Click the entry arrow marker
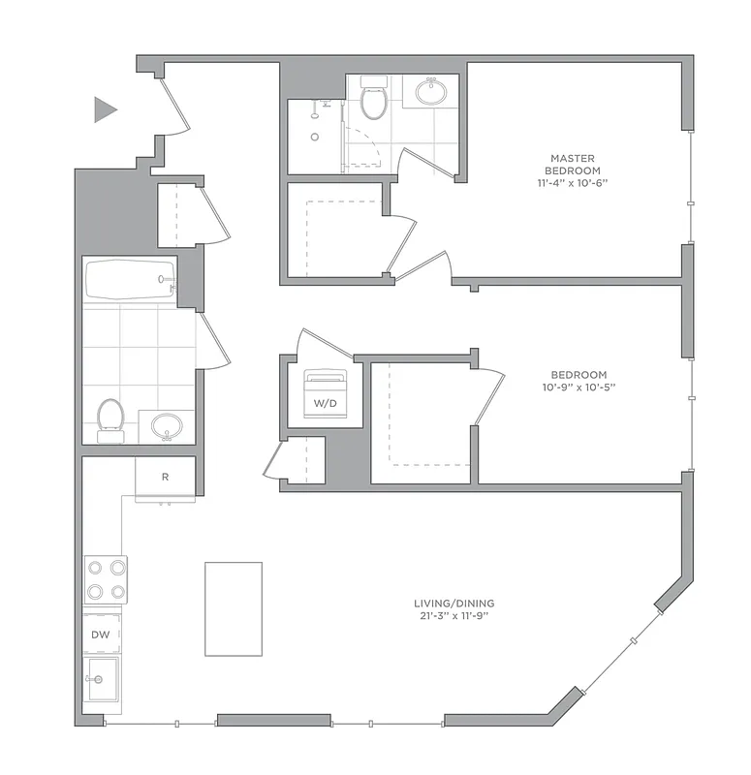click(x=105, y=109)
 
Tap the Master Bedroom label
click(x=572, y=164)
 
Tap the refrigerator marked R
click(x=165, y=478)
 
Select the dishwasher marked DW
click(x=101, y=635)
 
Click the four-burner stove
click(x=106, y=579)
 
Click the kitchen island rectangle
click(x=233, y=608)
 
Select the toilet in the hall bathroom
click(x=110, y=418)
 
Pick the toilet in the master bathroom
click(x=373, y=98)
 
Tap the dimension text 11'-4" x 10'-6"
click(x=572, y=182)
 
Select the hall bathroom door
click(x=213, y=341)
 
